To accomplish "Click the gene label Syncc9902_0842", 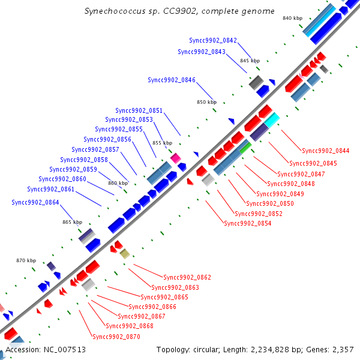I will coord(213,40).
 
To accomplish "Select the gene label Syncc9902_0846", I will coord(172,80).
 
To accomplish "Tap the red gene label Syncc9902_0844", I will coord(326,151).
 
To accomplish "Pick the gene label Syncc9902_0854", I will coord(248,223).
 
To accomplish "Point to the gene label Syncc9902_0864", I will coord(35,202).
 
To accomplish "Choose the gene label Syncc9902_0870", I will coord(116,337).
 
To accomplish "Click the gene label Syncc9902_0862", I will coord(187,277).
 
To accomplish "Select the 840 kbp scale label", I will coord(293,18).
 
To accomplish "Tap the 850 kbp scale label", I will coord(206,102).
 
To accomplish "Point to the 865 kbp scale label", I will coord(72,222).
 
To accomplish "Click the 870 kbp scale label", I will coord(26,260).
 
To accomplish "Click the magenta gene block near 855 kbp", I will coord(176,158).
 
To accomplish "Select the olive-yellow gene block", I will coord(125,254).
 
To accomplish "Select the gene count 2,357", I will coord(341,350).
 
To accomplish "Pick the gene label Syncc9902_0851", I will coord(139,110).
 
